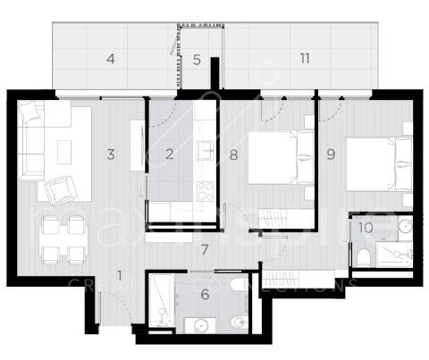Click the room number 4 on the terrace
tap(111, 60)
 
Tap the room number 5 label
tap(197, 60)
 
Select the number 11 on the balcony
tap(305, 59)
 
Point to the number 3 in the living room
tap(111, 154)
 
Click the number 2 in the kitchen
tap(169, 154)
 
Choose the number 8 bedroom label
tap(232, 154)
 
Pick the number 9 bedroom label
tap(331, 154)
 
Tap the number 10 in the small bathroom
tap(365, 227)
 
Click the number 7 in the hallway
tap(204, 248)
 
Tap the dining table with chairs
tap(61, 237)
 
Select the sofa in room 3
tap(33, 140)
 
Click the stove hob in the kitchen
tap(205, 191)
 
